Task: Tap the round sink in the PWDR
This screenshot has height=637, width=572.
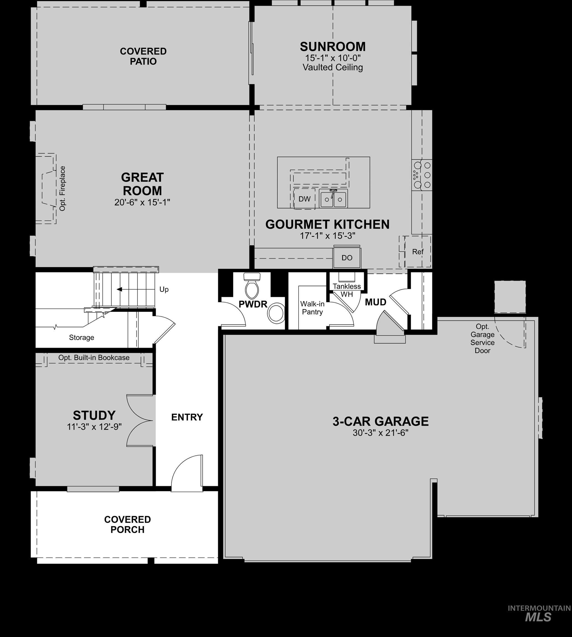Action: point(276,313)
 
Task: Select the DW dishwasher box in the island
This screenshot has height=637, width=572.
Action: point(304,199)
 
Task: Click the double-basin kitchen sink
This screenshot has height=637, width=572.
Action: point(333,199)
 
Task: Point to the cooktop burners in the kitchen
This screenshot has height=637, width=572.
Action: point(422,175)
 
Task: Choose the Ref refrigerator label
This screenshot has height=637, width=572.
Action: point(418,252)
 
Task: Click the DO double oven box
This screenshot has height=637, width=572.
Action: point(347,258)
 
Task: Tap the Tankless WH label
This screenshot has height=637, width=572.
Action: point(347,290)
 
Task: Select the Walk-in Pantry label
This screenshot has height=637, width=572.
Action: point(312,308)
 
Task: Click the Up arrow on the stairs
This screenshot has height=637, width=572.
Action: point(120,289)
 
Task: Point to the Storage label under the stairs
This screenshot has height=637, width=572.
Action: point(81,338)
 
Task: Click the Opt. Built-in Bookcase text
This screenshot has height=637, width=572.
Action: point(94,358)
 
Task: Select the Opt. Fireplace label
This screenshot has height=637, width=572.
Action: point(62,189)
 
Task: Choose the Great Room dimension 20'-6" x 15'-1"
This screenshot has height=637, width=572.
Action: point(142,202)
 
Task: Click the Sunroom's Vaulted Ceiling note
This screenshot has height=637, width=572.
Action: point(333,67)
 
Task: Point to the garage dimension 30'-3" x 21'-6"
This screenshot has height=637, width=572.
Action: point(380,433)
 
